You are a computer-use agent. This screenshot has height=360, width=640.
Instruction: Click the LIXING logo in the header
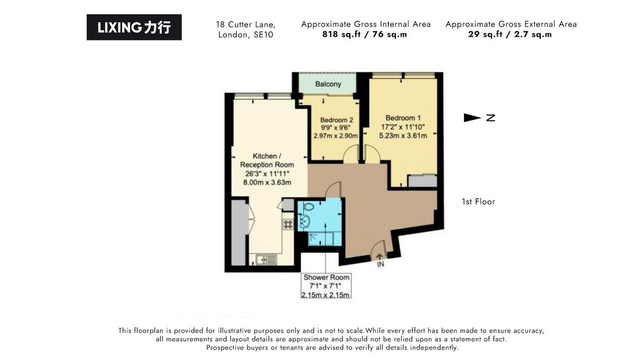click(134, 27)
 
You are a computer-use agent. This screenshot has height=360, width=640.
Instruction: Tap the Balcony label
click(328, 84)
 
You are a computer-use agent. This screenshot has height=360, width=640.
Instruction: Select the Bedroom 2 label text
click(336, 119)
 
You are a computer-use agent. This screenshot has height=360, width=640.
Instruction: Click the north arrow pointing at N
click(473, 118)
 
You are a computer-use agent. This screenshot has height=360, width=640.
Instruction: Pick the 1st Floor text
click(478, 202)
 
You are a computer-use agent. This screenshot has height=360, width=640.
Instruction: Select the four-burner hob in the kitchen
click(287, 224)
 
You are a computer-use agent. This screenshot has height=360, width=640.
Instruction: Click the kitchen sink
click(266, 260)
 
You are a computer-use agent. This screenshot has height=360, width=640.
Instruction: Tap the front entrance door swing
click(378, 249)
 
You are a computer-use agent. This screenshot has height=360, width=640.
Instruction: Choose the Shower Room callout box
click(326, 286)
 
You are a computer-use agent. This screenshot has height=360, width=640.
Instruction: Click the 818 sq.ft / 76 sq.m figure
click(365, 35)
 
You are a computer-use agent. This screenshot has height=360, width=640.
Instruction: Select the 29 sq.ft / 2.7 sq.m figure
click(510, 35)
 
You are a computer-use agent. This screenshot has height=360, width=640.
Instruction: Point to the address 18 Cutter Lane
click(246, 25)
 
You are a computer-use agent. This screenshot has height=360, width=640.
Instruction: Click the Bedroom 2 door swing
click(351, 154)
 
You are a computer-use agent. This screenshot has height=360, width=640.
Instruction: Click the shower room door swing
click(333, 190)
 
